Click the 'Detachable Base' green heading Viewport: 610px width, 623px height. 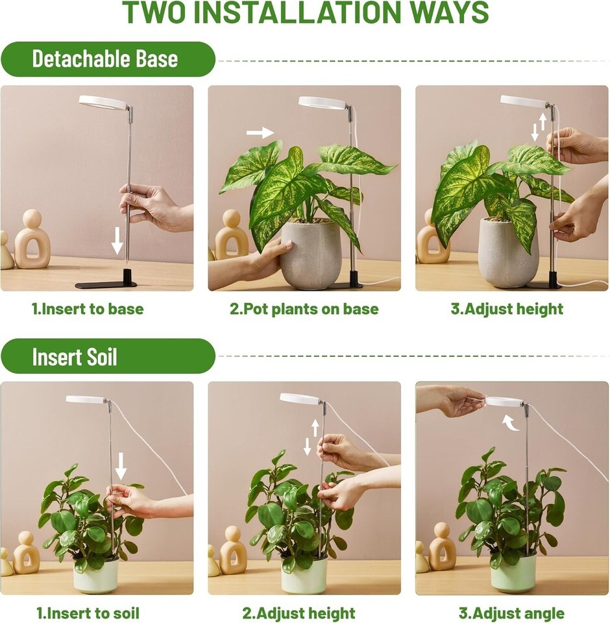(x=105, y=59)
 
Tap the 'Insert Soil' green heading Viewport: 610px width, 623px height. (x=75, y=356)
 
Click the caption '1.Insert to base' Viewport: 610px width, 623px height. (x=88, y=309)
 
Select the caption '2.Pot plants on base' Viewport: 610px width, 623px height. (x=304, y=309)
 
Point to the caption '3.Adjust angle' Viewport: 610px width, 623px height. (x=511, y=613)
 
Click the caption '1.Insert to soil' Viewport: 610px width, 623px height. (x=88, y=613)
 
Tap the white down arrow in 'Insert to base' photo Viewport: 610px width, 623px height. (x=117, y=240)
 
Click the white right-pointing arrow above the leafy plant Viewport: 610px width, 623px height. (x=260, y=132)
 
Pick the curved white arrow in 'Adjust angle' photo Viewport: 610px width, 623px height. (x=511, y=422)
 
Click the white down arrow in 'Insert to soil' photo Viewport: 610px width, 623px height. (x=121, y=466)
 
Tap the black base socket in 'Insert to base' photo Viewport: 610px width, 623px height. (x=127, y=276)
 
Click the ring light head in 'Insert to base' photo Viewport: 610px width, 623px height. (x=103, y=103)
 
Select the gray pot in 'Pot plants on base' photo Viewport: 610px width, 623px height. (x=311, y=254)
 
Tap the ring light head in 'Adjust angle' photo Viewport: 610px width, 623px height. (x=504, y=402)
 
